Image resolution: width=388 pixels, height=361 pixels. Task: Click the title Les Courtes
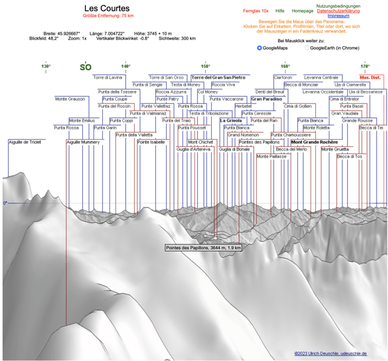click(x=106, y=8)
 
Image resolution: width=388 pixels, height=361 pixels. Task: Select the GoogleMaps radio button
click(x=259, y=48)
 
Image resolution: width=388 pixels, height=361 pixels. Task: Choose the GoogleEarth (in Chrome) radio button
click(x=307, y=48)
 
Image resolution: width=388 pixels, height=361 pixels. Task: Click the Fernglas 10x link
click(x=256, y=11)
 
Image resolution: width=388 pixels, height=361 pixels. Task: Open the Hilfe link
click(x=280, y=11)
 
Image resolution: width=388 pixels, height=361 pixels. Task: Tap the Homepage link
click(x=303, y=11)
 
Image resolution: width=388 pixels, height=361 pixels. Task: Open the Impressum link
click(x=338, y=16)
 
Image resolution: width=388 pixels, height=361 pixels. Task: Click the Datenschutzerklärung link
click(x=338, y=11)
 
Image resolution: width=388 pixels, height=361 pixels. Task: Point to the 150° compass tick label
click(x=205, y=66)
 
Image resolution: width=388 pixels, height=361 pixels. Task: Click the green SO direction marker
click(x=85, y=67)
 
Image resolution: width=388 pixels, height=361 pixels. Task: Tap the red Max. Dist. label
click(x=370, y=78)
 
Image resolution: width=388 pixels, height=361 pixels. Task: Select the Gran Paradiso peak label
click(x=266, y=99)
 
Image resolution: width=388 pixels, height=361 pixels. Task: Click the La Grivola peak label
click(x=230, y=120)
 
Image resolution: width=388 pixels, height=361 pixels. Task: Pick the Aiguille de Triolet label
click(x=25, y=142)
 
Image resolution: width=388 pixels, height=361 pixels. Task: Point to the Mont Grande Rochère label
click(x=314, y=142)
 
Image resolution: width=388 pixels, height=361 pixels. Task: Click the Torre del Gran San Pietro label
click(x=218, y=78)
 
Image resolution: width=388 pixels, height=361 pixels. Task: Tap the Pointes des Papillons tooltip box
click(x=203, y=247)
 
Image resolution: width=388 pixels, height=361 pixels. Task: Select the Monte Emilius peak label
click(x=82, y=120)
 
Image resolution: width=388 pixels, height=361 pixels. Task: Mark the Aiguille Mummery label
click(x=83, y=142)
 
